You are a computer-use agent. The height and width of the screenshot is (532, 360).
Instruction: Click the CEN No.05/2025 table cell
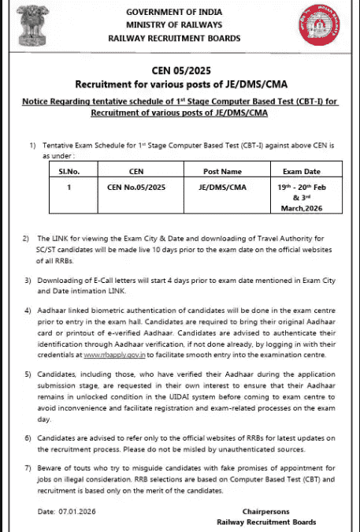(x=136, y=188)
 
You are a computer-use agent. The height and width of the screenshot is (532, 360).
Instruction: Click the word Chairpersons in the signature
(x=265, y=511)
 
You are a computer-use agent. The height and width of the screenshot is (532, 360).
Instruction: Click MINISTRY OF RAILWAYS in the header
(x=180, y=24)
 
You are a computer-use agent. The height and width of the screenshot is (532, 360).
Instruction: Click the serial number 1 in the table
(x=70, y=188)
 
